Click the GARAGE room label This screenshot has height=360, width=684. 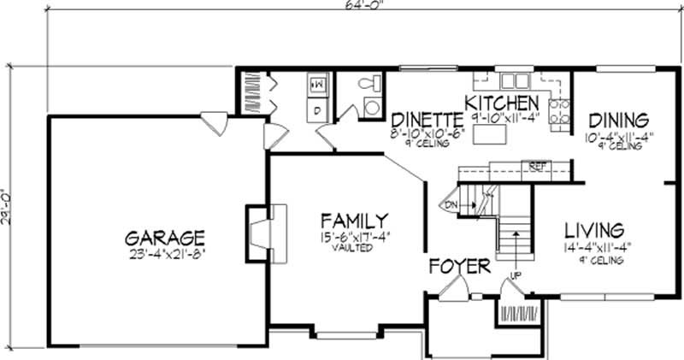[x=163, y=236]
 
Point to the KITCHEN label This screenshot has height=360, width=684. [x=502, y=104]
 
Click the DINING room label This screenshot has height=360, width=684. [x=616, y=120]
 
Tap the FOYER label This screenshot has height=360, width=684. [x=460, y=266]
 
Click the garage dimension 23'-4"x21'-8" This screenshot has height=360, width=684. [x=163, y=253]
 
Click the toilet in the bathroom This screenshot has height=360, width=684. [x=369, y=84]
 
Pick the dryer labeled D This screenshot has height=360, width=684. [x=315, y=110]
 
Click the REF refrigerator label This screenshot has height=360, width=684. [x=538, y=166]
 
